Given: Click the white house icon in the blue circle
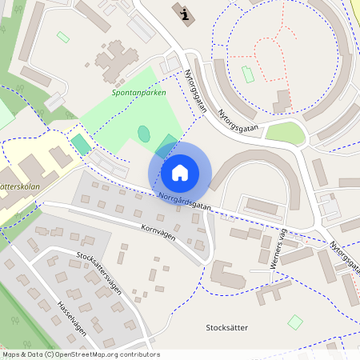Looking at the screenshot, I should pyautogui.click(x=180, y=172).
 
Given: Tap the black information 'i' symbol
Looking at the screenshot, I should pyautogui.click(x=186, y=14).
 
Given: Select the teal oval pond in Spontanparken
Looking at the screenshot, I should pyautogui.click(x=144, y=134).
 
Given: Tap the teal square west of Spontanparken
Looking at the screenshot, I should pyautogui.click(x=81, y=145).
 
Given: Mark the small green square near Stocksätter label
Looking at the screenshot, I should pyautogui.click(x=295, y=322).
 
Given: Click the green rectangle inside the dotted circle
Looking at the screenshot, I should pyautogui.click(x=248, y=74).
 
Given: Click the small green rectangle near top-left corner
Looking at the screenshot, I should pyautogui.click(x=63, y=37).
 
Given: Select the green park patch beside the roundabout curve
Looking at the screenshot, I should pyautogui.click(x=286, y=134).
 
